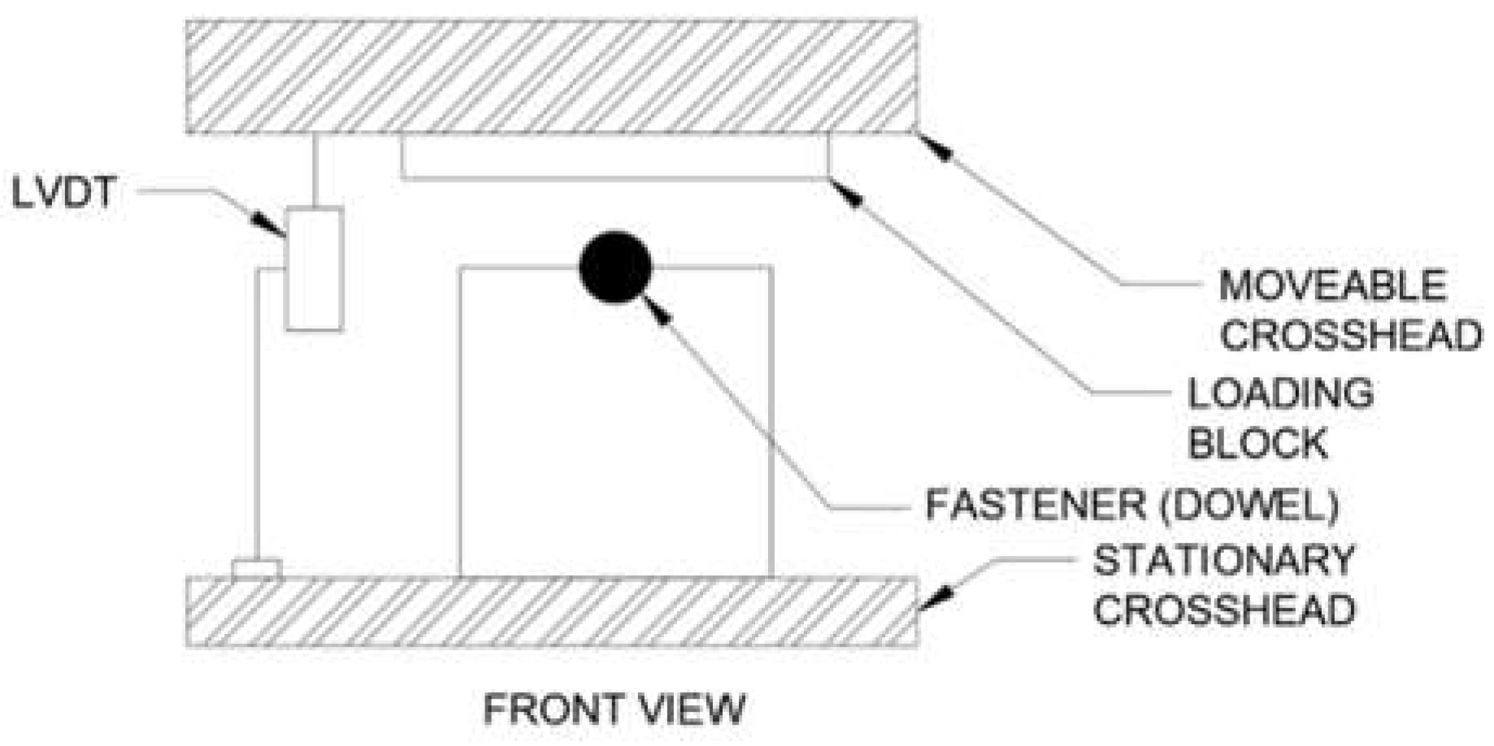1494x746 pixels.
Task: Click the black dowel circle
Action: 615,267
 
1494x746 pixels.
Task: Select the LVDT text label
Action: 65,193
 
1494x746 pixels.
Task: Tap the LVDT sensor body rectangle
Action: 314,269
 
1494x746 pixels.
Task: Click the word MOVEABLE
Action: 1332,286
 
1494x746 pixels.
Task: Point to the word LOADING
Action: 1280,393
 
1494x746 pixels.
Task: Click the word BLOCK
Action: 1257,444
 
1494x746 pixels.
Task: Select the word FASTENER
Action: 1035,505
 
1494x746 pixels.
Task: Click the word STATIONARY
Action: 1223,561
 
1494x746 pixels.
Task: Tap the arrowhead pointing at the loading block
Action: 848,194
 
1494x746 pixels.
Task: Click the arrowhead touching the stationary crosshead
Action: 937,599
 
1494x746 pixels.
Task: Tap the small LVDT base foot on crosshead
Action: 256,569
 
